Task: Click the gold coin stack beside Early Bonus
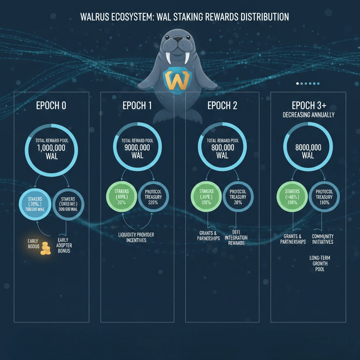coord(45,248)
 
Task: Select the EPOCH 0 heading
coord(51,105)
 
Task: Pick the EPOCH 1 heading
coord(137,105)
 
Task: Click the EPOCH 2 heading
coord(222,105)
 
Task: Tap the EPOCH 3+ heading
coord(308,105)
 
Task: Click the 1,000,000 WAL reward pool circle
coord(52,150)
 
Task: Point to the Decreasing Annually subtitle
coord(308,115)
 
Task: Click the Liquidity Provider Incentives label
coord(137,237)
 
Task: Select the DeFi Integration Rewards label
coord(236,238)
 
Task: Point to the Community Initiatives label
coord(323,239)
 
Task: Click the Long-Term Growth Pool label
coord(320,263)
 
